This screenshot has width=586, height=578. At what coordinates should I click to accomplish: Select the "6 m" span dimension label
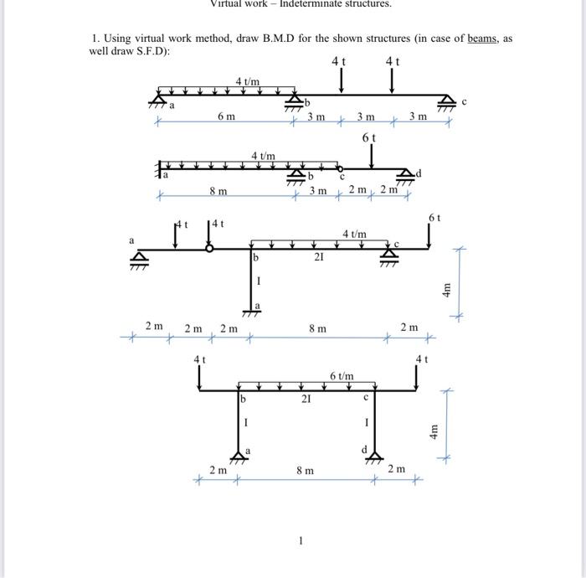[225, 117]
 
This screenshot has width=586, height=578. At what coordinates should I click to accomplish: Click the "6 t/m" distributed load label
[341, 376]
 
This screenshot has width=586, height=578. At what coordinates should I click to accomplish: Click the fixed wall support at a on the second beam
[158, 171]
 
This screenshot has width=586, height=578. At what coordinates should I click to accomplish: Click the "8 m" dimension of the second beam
[218, 192]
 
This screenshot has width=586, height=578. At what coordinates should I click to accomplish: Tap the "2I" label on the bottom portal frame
[306, 400]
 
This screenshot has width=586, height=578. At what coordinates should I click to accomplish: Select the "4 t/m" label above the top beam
[247, 80]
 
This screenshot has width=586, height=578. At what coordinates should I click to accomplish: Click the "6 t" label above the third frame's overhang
[434, 217]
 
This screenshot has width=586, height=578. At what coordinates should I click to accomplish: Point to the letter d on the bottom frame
[362, 451]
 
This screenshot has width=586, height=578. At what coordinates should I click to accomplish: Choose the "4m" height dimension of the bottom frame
[434, 433]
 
